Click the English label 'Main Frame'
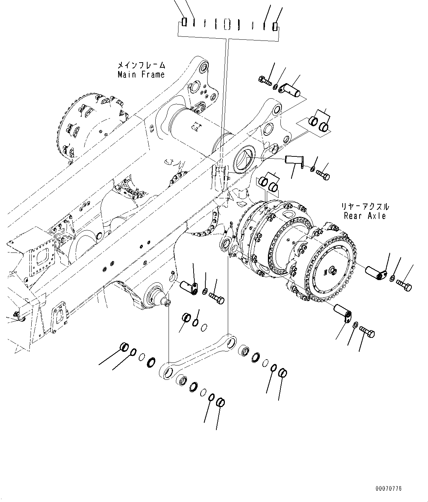tap(141, 74)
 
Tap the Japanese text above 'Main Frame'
tap(141, 66)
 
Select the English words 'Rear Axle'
tap(365, 216)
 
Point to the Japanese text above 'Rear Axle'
tap(365, 207)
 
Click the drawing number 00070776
tap(389, 489)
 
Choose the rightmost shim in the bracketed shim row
tap(275, 26)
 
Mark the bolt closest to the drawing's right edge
tap(404, 284)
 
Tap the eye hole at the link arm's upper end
tap(231, 343)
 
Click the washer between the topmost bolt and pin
tap(275, 86)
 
